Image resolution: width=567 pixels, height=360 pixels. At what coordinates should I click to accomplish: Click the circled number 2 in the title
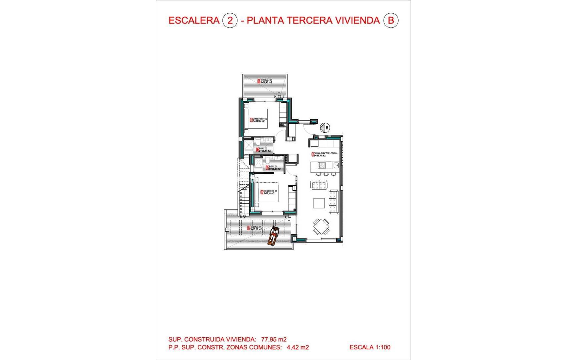point(230,21)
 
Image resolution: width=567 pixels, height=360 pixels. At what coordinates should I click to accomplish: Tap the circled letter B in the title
point(391,21)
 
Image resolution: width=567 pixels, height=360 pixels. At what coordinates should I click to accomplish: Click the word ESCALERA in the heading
point(194,21)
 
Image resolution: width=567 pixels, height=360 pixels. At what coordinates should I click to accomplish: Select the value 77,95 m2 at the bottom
point(274,340)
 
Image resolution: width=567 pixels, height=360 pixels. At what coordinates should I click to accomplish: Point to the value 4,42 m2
point(298,348)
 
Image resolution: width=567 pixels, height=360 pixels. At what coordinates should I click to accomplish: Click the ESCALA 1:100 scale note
point(370,347)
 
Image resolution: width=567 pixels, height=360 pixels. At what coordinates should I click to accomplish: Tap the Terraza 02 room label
point(265,81)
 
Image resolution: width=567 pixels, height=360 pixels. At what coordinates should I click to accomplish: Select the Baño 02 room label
point(263,150)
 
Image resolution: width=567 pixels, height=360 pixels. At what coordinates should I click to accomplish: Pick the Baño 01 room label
point(273,168)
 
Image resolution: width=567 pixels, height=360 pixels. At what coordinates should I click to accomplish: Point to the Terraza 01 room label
point(255,228)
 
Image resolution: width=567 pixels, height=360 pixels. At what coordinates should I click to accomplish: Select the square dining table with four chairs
point(321,226)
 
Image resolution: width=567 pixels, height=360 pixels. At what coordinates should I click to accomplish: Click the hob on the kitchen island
point(322,165)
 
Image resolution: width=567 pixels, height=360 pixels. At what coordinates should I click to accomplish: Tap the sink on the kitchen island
point(336,165)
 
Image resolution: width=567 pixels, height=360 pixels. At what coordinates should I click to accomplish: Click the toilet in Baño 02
point(258,143)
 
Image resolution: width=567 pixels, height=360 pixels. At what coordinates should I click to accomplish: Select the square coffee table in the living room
point(319,203)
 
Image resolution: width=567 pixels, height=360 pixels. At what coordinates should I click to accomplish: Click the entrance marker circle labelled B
point(325,128)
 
